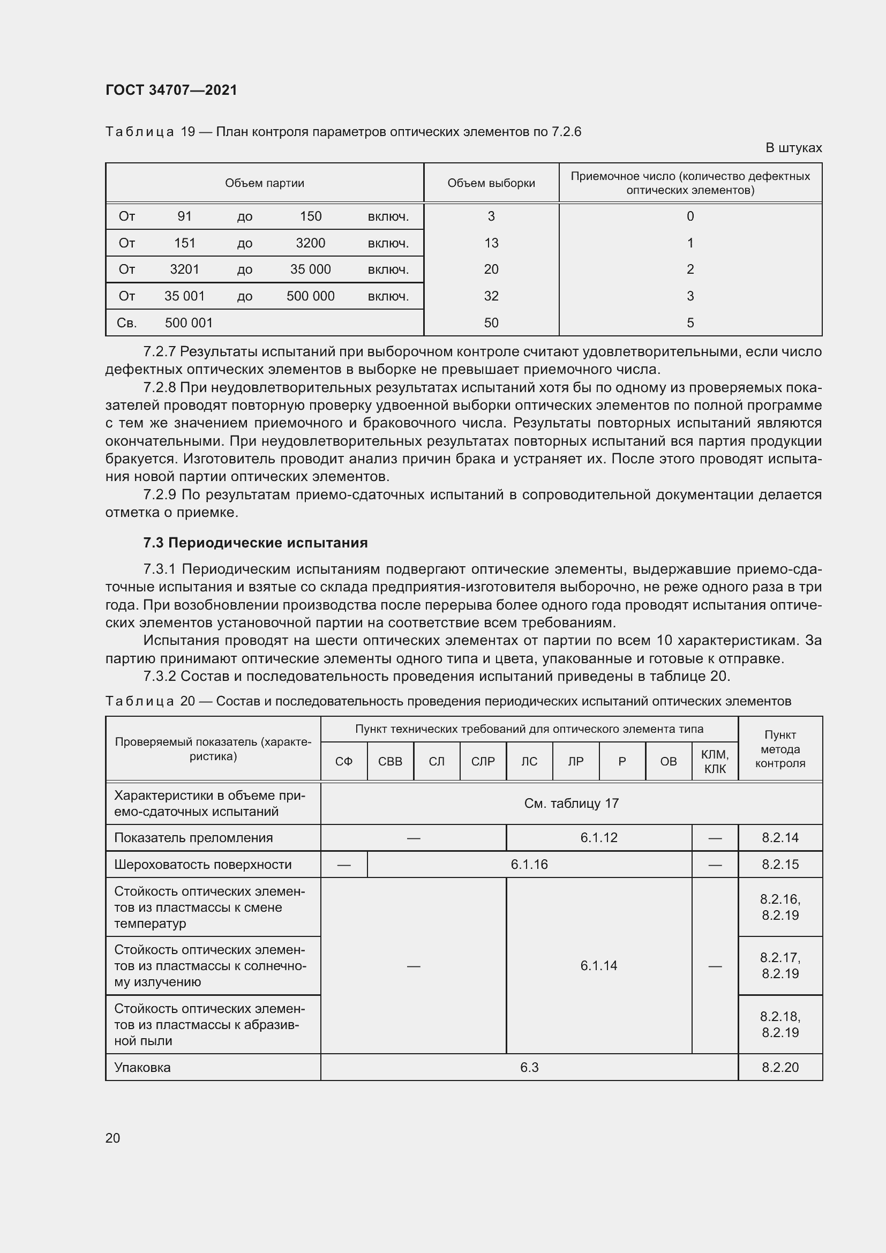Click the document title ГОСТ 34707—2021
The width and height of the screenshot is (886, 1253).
coord(171,90)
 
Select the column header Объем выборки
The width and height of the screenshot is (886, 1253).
coord(491,183)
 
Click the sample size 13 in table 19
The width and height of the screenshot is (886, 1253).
coord(491,243)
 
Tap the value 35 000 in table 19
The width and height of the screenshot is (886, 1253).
coord(311,269)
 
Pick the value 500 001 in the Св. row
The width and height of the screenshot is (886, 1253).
coord(189,322)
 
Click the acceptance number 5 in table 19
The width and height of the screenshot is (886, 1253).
coord(690,322)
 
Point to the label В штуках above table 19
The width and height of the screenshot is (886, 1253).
coord(793,148)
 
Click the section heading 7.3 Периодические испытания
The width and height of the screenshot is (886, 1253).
coord(256,543)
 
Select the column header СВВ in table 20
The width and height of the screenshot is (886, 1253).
coord(390,761)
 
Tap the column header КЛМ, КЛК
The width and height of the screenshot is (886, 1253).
coord(715,761)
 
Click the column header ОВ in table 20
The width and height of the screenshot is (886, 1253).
coord(669,761)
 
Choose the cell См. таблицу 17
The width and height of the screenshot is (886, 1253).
coord(571,804)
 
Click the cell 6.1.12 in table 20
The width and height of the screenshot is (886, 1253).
coord(598,838)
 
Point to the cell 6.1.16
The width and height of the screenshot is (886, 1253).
coord(529,865)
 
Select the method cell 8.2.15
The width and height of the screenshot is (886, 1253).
coord(780,865)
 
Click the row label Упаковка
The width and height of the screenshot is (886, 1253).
coord(142,1068)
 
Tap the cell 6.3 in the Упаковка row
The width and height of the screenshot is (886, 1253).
coord(529,1068)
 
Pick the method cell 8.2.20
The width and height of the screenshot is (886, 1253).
coord(780,1068)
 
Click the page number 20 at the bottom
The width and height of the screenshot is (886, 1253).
coord(113,1138)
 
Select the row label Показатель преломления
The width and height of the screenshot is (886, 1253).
coord(194,838)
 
